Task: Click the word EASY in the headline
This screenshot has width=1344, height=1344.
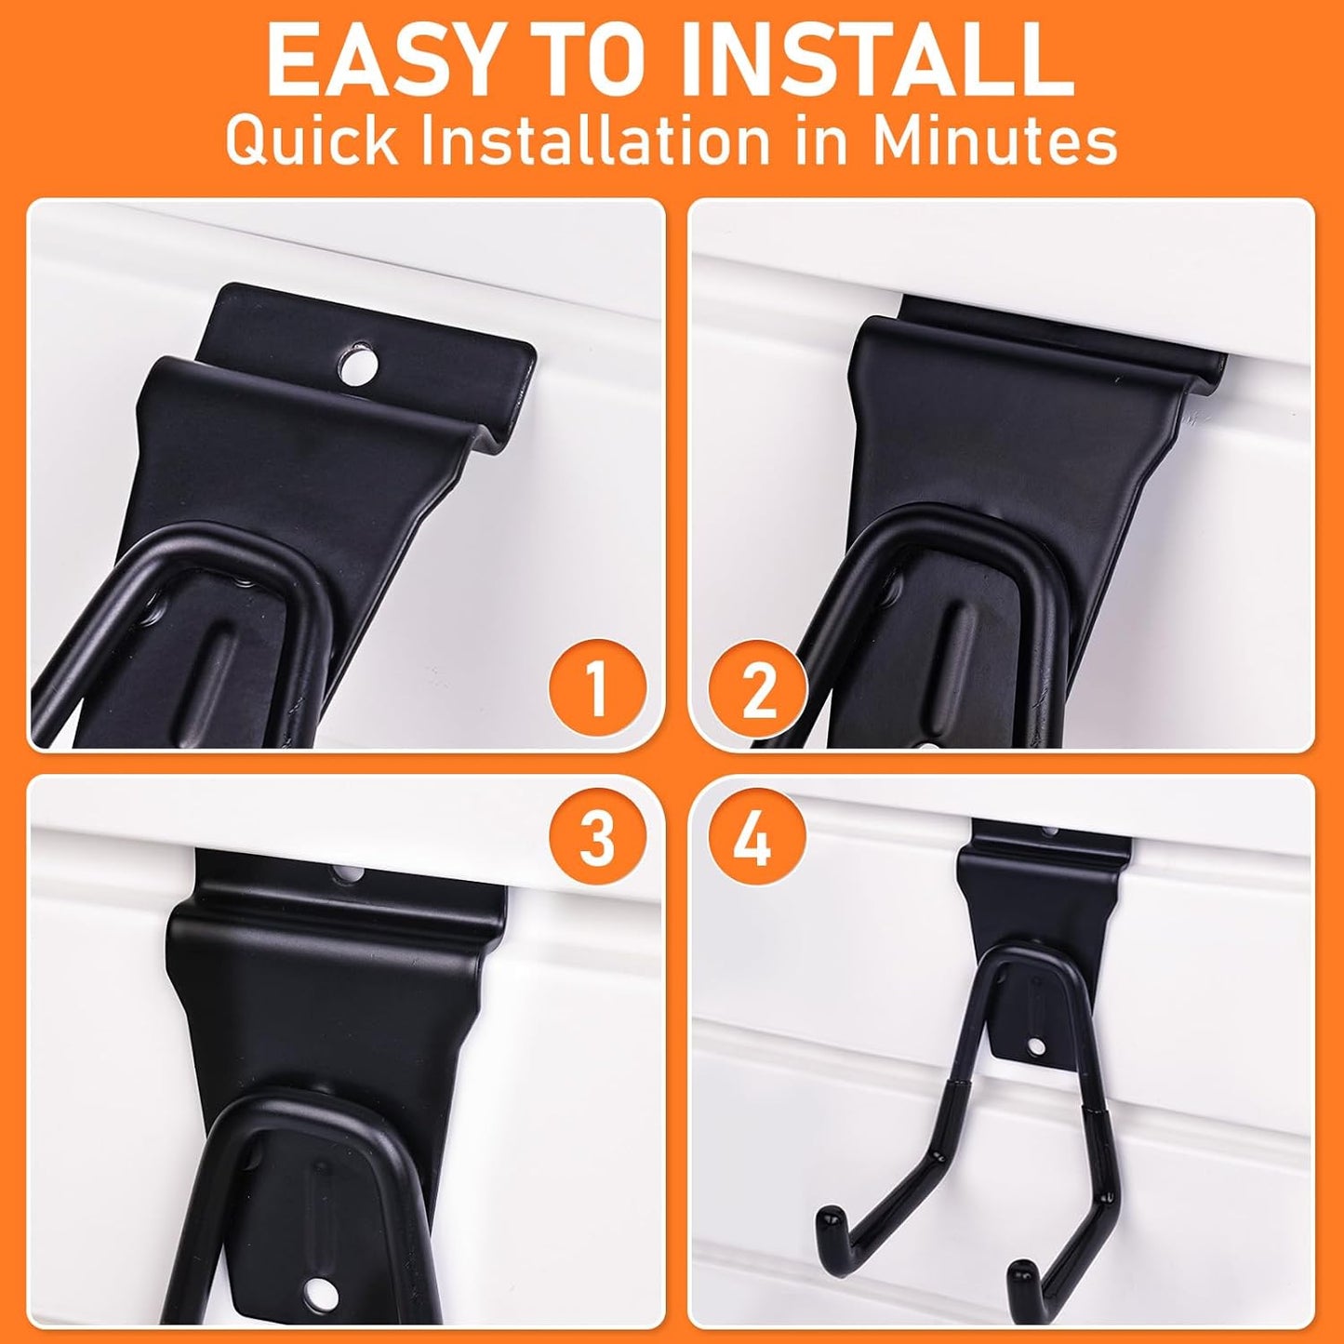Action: (x=371, y=62)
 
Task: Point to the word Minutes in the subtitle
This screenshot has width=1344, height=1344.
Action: (x=994, y=142)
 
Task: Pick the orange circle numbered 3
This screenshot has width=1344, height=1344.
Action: (x=597, y=837)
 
